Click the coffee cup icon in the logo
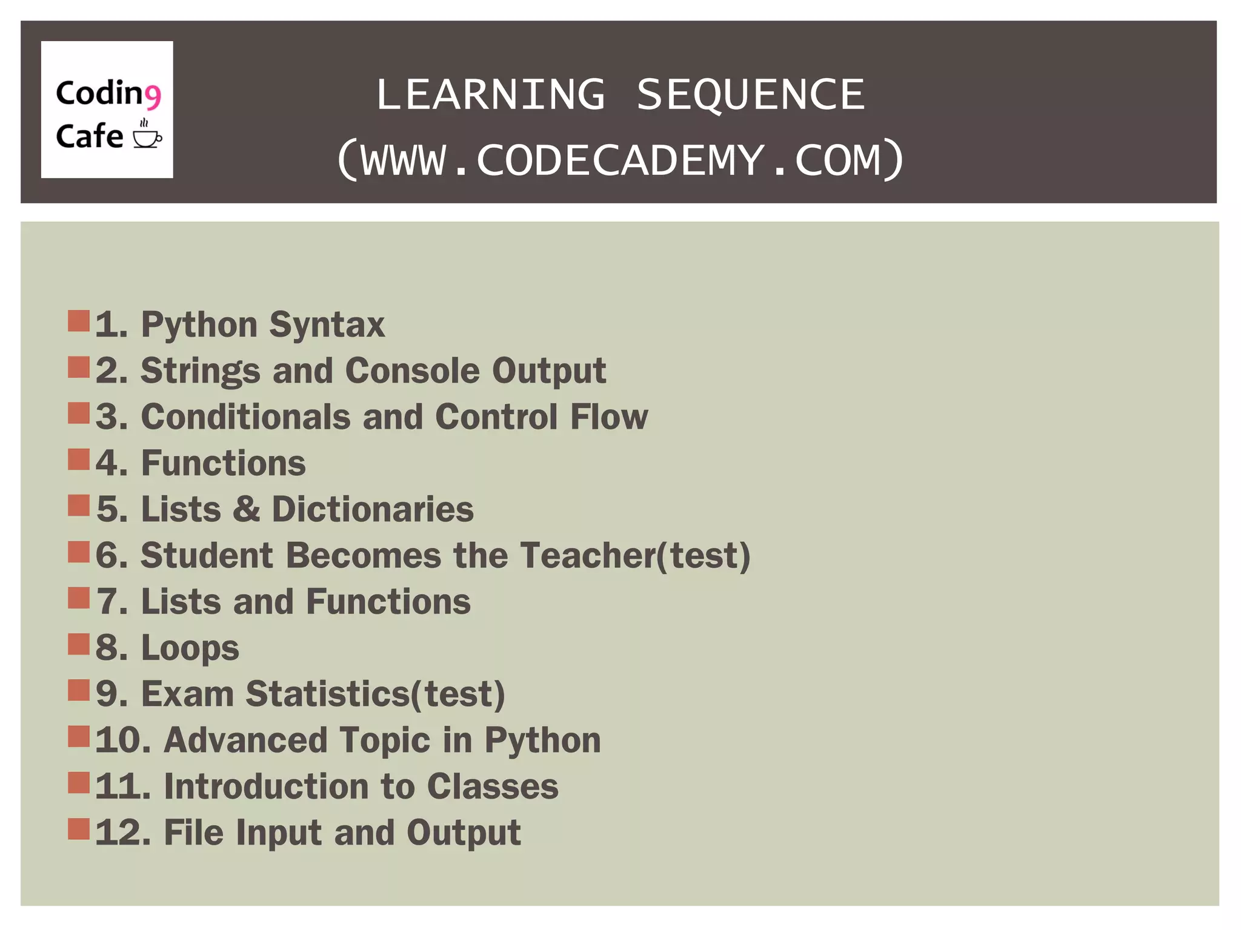pos(147,136)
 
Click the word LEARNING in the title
pos(490,95)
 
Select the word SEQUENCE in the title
pos(750,95)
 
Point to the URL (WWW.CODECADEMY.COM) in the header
pos(620,160)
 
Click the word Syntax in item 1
pos(327,325)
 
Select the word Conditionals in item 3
pos(245,417)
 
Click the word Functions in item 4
pos(223,463)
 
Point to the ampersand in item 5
pos(246,509)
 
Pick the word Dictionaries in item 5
pos(373,509)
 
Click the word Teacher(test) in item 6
pos(635,555)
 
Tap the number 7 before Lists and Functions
pos(109,602)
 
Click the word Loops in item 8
pos(190,648)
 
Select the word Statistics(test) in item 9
pos(375,694)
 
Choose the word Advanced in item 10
pos(245,740)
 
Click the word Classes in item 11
pos(493,787)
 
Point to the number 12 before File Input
pos(120,833)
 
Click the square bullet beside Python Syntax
pos(79,321)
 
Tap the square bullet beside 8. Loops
pos(79,644)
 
